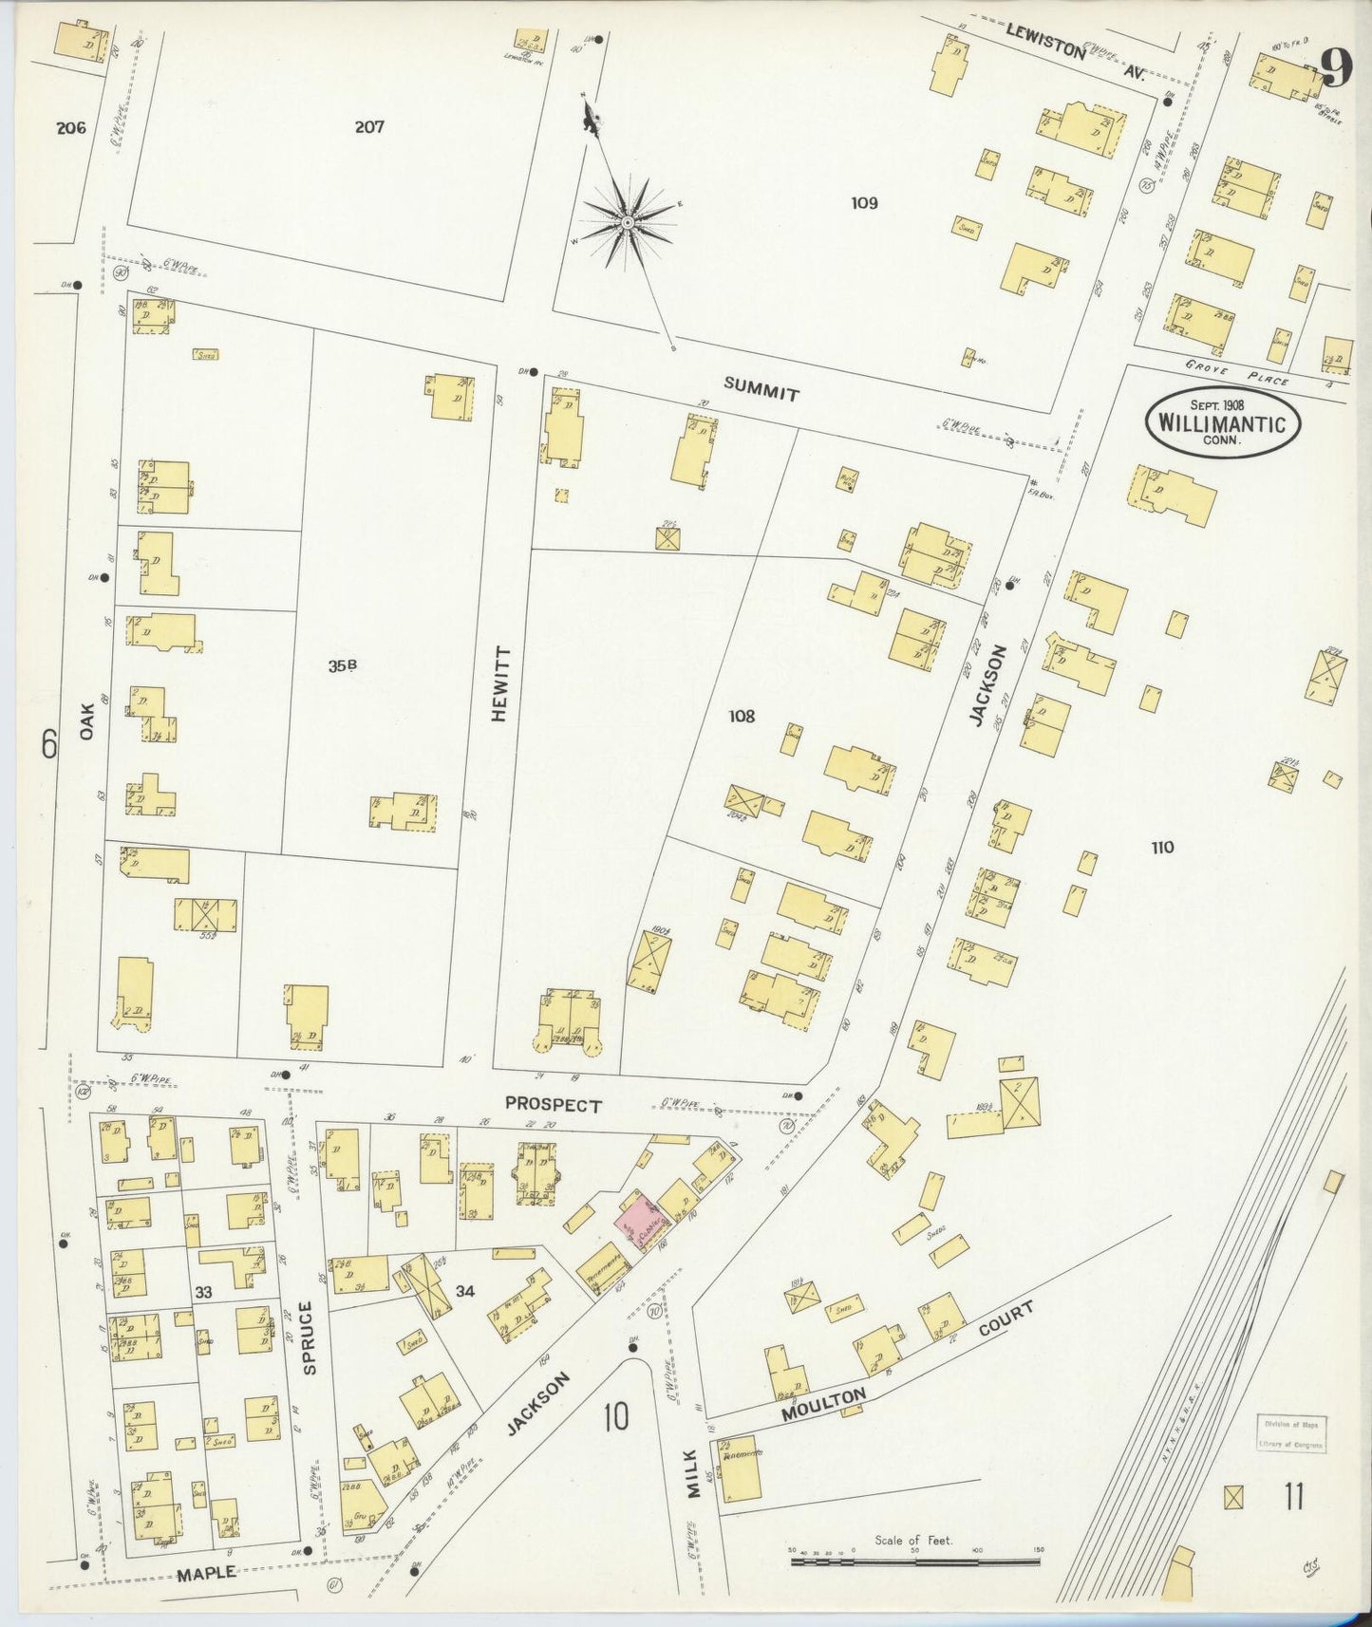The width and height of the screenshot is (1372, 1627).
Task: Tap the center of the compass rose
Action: [x=628, y=223]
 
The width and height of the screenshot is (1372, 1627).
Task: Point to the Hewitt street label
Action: [x=500, y=684]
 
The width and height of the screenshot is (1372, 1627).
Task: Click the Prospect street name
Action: [x=553, y=1105]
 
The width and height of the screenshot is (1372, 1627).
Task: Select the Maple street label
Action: [x=206, y=1573]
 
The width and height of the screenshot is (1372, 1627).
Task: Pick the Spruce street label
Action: [x=307, y=1338]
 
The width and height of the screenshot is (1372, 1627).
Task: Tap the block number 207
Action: [x=369, y=126]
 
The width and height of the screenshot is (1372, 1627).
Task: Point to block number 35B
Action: [x=342, y=666]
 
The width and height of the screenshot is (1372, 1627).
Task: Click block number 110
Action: [x=1161, y=848]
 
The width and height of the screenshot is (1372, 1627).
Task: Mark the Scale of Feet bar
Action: [x=914, y=1560]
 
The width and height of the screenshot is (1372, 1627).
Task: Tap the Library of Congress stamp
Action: [x=1291, y=1433]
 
